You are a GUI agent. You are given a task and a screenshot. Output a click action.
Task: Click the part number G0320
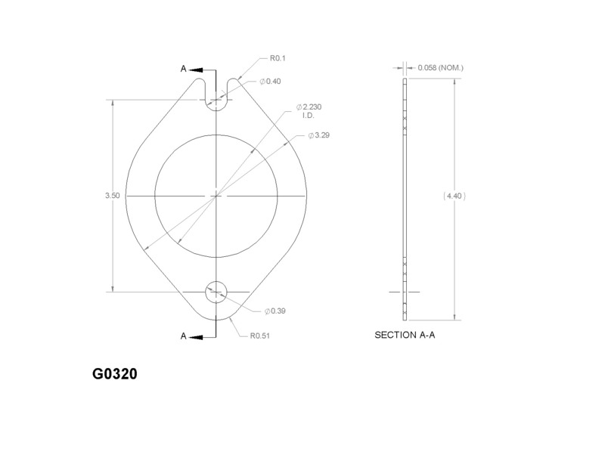click(x=115, y=374)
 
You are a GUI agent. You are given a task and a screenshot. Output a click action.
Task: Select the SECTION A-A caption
click(x=405, y=334)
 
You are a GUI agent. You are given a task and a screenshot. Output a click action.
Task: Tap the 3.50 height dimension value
click(x=112, y=195)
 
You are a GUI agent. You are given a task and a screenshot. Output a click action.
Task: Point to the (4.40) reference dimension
click(x=454, y=195)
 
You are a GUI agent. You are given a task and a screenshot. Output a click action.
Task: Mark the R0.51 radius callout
click(x=260, y=337)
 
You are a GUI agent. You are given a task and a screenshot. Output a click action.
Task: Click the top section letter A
click(x=184, y=68)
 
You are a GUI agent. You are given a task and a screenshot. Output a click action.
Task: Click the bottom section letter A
click(x=184, y=337)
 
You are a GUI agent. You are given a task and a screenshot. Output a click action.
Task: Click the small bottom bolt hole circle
click(x=216, y=291)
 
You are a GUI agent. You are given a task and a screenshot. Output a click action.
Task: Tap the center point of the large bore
click(x=216, y=195)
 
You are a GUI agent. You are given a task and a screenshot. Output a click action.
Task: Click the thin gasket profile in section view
click(x=405, y=196)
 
